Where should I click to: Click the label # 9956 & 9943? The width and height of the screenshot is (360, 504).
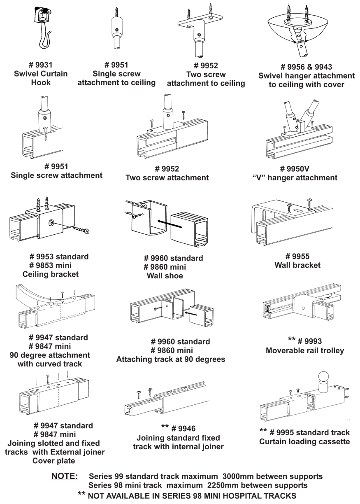tap(307, 67)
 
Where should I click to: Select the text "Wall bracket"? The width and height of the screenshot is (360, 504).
tap(297, 265)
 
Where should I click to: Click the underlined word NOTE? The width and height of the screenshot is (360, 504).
tap(64, 476)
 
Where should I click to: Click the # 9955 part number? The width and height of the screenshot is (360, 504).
tap(297, 256)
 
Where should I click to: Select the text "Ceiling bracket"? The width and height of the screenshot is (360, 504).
tap(50, 274)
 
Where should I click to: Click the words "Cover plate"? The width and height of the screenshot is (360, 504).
tap(53, 461)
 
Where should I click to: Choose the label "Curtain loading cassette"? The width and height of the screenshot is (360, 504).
tap(304, 442)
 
